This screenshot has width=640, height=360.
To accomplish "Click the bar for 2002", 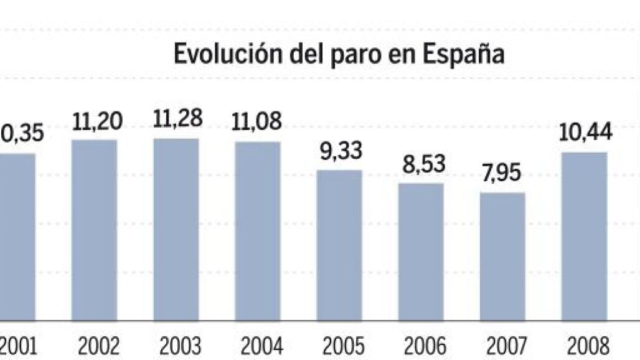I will click(x=95, y=230).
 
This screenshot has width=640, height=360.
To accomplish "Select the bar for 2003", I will click(x=176, y=230).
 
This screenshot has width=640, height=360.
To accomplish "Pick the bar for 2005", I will click(x=339, y=245).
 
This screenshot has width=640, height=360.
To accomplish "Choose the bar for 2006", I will click(x=421, y=252).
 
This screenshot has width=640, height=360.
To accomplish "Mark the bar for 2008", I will click(x=584, y=237).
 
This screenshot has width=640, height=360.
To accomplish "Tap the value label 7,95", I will click(x=503, y=174).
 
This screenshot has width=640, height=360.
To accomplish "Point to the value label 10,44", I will click(x=586, y=133).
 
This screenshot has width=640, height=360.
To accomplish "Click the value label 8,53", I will click(x=422, y=165).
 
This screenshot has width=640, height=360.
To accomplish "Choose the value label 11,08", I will click(x=258, y=121).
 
